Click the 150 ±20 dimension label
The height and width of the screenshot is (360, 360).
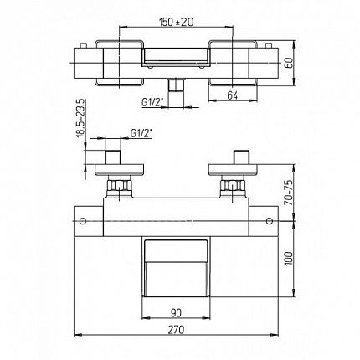(x=176, y=22)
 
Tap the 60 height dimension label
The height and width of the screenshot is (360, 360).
(x=290, y=63)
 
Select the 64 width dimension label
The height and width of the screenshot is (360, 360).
(x=232, y=95)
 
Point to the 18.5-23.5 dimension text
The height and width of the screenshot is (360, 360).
(x=81, y=118)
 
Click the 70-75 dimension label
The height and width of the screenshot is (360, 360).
(x=290, y=193)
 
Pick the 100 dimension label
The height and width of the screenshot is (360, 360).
(x=290, y=259)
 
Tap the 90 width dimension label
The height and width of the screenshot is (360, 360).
(x=176, y=313)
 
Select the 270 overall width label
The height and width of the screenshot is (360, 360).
(x=176, y=330)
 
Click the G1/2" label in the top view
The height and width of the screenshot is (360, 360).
(x=152, y=102)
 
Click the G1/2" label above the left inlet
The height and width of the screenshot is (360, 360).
(x=141, y=133)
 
